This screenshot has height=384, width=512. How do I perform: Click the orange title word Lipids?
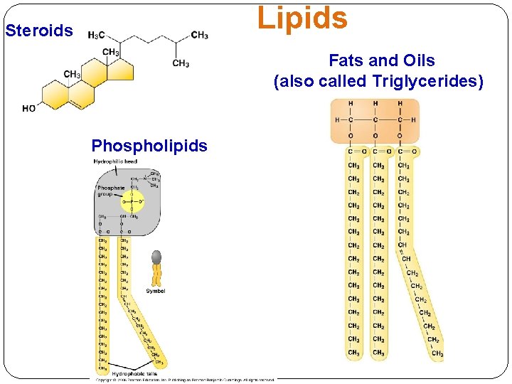[x=302, y=18]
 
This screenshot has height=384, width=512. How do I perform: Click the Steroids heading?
[x=39, y=31]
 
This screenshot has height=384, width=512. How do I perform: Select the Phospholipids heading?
[x=149, y=146]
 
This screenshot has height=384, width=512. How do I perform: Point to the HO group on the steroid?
[x=29, y=109]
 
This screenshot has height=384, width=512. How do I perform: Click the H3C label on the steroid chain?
[x=97, y=36]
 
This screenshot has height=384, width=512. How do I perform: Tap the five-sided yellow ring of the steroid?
[x=122, y=70]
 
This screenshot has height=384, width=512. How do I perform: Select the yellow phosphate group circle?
[x=132, y=201]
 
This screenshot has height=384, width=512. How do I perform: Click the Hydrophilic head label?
[x=115, y=162]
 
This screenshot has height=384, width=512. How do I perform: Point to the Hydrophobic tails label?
[x=134, y=373]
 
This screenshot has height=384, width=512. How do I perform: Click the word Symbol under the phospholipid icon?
[x=156, y=291]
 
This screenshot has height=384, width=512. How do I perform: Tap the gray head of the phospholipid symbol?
[x=156, y=257]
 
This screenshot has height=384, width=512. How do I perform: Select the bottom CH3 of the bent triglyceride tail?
[x=437, y=353]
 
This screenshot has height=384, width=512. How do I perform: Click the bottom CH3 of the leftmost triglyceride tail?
[x=353, y=353]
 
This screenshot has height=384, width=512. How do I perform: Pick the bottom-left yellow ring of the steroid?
[x=55, y=95]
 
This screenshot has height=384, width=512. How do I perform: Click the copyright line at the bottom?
[x=185, y=380]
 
